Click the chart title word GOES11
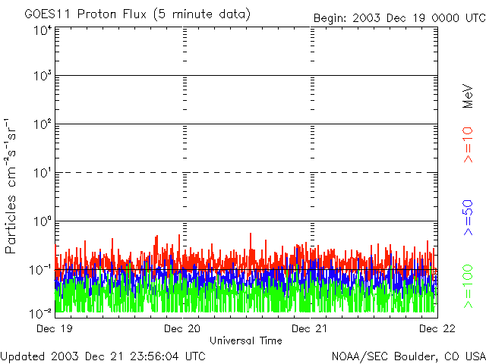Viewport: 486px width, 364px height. [x=46, y=14]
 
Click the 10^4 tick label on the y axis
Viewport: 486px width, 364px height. [x=41, y=30]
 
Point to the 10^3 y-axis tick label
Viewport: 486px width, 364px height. [x=41, y=76]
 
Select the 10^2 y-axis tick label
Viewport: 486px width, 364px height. [x=41, y=124]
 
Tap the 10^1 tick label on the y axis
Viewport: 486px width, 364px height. [x=41, y=173]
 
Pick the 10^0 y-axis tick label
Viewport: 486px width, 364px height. [x=41, y=221]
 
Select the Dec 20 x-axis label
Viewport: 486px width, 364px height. [x=182, y=328]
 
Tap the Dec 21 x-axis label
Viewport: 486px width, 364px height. [x=310, y=328]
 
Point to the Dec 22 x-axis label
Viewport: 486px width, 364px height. [x=436, y=328]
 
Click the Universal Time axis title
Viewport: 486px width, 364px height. [x=245, y=340]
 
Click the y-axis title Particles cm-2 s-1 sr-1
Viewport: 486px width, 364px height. [x=11, y=186]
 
